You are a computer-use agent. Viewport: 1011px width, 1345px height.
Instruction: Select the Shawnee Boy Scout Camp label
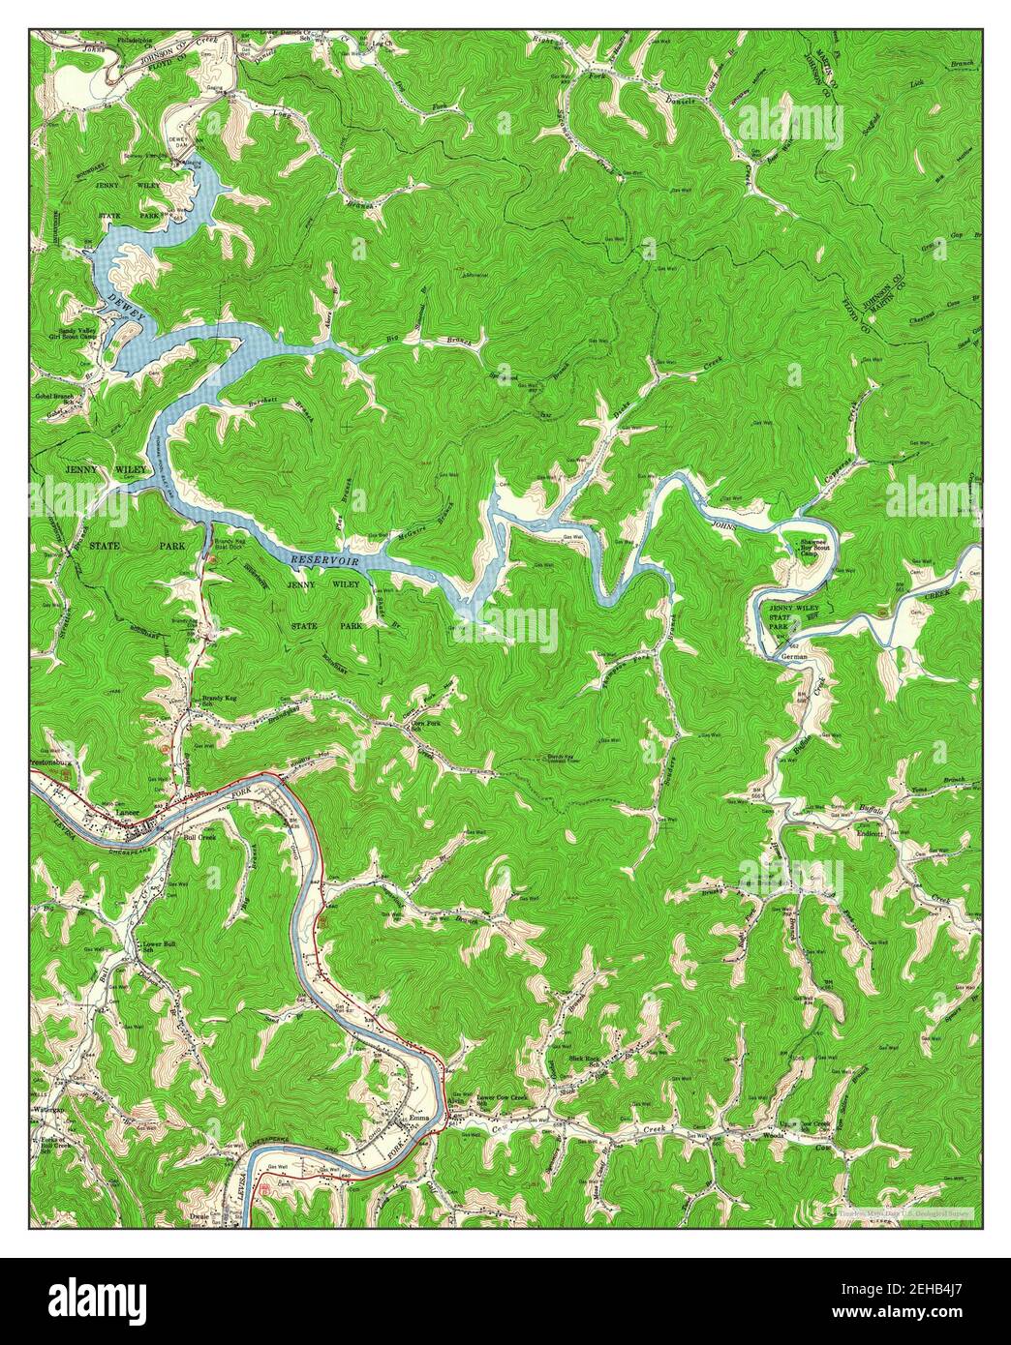pos(812,547)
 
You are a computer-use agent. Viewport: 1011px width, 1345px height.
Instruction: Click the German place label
pos(793,656)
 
